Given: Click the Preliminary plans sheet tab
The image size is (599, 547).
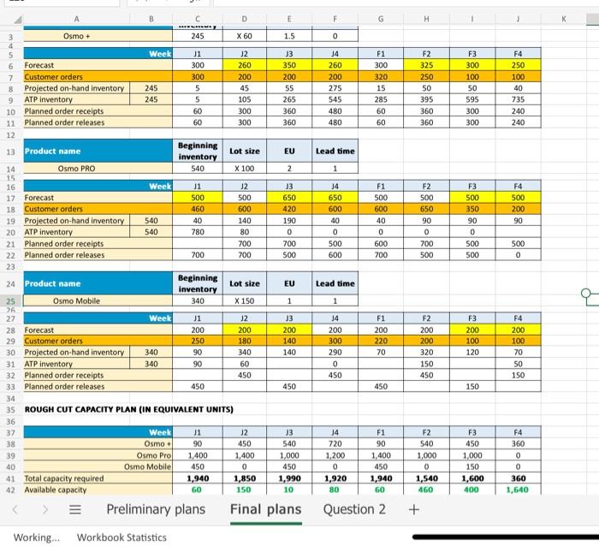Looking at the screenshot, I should (156, 510).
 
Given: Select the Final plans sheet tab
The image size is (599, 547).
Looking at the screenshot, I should (265, 510).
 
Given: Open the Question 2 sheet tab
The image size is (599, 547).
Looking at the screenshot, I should (354, 510).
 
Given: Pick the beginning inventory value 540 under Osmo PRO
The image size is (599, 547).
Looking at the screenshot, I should (197, 169).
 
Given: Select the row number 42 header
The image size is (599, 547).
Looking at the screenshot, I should (13, 490).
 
